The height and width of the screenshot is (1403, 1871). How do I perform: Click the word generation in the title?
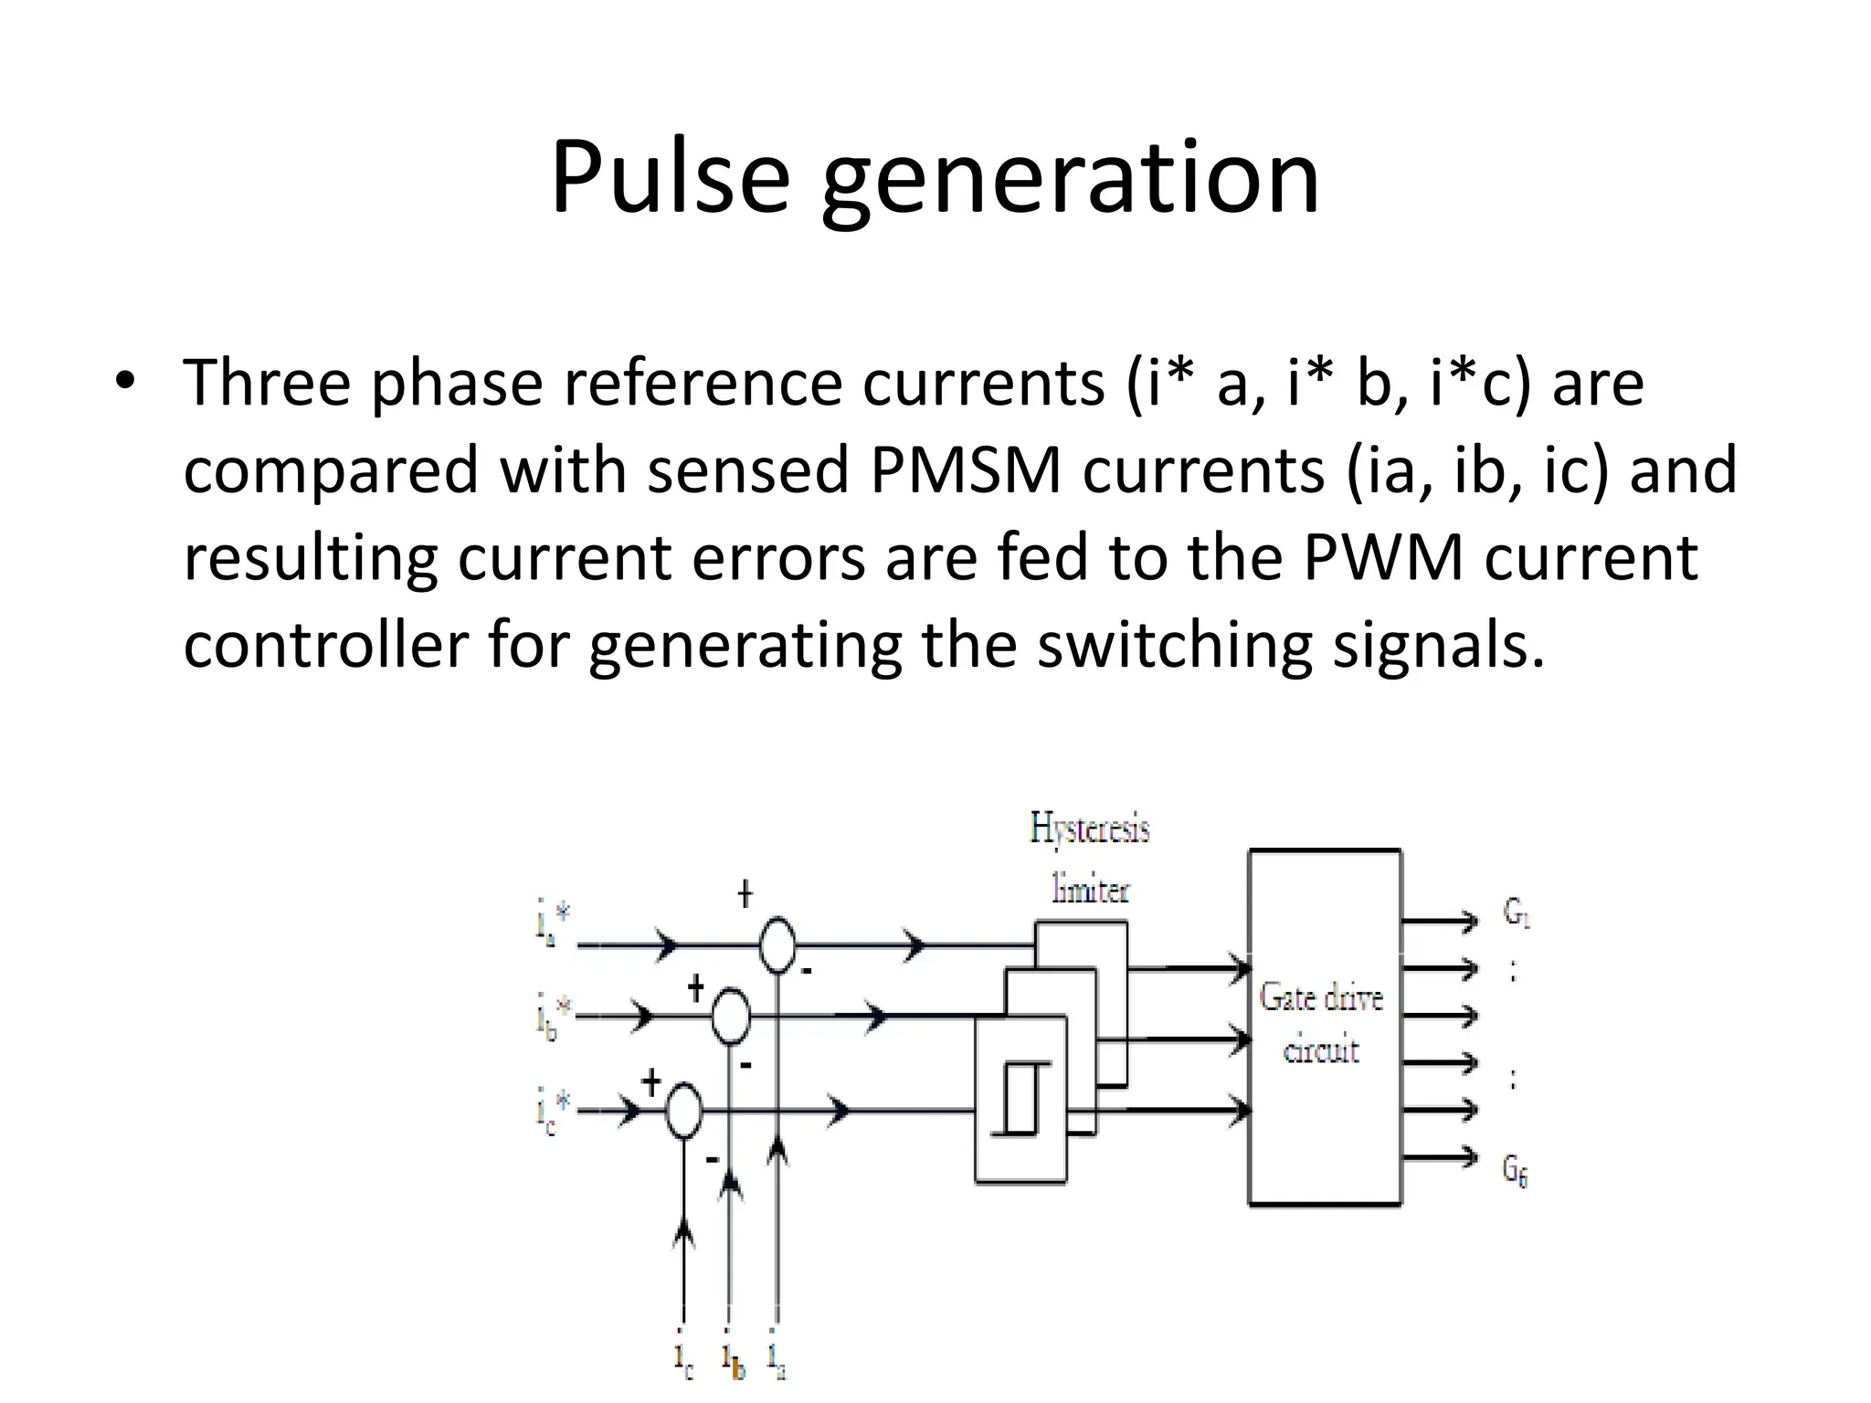click(1070, 180)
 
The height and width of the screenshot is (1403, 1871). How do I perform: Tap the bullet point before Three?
click(125, 381)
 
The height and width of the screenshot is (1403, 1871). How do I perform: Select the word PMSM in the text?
click(966, 469)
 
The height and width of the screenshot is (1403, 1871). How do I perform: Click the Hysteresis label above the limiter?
click(1089, 829)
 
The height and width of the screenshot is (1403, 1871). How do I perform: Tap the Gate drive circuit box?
click(1324, 1026)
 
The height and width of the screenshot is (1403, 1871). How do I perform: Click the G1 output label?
click(1517, 912)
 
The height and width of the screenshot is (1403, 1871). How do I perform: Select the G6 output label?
click(1516, 1170)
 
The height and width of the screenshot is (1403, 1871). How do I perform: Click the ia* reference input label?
click(553, 923)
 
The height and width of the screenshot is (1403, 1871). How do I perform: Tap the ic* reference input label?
click(553, 1112)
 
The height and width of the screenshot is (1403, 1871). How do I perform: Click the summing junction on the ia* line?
click(777, 945)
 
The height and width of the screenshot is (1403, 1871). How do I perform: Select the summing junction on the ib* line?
click(730, 1015)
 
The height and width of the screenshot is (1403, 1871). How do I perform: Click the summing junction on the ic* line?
click(682, 1111)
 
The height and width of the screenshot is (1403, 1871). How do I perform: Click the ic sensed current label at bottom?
click(683, 1358)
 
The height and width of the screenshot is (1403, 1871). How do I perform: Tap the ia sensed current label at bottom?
click(777, 1358)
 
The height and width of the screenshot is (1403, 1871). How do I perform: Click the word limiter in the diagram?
click(1090, 889)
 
